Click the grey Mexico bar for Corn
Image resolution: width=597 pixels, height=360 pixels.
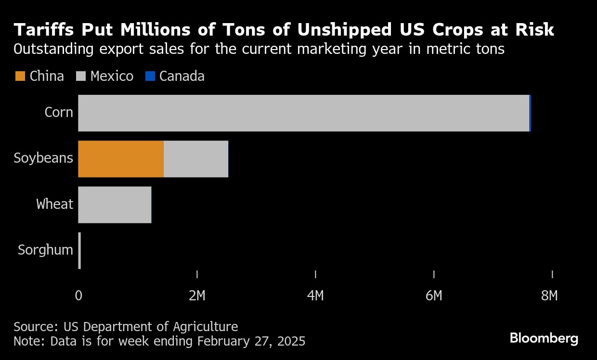click(303, 113)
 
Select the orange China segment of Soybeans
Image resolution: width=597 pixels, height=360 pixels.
click(121, 159)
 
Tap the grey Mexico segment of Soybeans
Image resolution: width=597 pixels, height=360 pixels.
click(196, 159)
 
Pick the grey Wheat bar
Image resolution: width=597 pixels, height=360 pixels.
click(115, 205)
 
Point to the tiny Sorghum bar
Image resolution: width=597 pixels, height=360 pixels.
click(79, 251)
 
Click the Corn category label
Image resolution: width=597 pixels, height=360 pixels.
click(59, 113)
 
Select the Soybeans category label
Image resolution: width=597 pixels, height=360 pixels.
click(43, 158)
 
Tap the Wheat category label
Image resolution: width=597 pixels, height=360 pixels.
click(54, 204)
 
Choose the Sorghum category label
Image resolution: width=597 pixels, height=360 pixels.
click(45, 250)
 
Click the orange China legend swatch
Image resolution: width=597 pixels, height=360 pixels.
click(20, 76)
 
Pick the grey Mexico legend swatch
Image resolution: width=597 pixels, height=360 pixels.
click(81, 76)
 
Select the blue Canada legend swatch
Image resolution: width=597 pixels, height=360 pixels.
click(150, 76)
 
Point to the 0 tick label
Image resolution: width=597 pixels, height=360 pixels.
click(78, 296)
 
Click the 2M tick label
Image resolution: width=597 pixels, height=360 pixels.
click(197, 296)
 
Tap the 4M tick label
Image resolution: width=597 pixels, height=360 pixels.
click(315, 296)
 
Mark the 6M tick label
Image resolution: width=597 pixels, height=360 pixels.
click(434, 296)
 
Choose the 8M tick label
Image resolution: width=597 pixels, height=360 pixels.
click(549, 296)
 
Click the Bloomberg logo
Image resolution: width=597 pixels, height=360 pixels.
click(544, 338)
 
